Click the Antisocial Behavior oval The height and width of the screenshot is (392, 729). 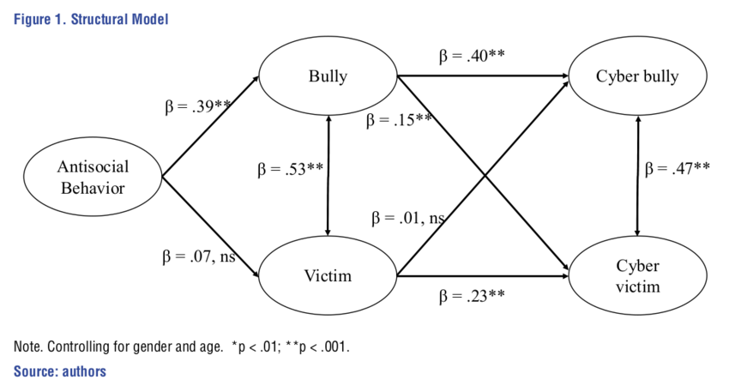(x=93, y=177)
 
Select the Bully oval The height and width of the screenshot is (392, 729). (x=328, y=76)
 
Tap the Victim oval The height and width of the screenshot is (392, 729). (x=328, y=276)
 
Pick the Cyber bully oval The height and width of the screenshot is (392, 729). (x=636, y=76)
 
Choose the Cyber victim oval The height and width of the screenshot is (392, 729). (x=636, y=275)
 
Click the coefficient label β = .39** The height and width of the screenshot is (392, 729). (x=198, y=107)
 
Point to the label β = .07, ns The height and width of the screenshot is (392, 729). (x=200, y=256)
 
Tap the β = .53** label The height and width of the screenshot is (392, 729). (x=290, y=170)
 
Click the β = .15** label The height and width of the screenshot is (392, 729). (x=399, y=120)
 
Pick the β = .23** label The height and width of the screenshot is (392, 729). (x=471, y=296)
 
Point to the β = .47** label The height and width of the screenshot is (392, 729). (x=677, y=168)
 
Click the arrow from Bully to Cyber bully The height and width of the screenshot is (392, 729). (x=480, y=76)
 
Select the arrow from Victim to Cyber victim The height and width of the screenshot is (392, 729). (x=480, y=276)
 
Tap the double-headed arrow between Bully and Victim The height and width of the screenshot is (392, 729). (x=329, y=175)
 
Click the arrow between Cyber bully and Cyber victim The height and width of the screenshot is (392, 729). (x=636, y=175)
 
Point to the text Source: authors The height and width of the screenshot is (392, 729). (x=59, y=371)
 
